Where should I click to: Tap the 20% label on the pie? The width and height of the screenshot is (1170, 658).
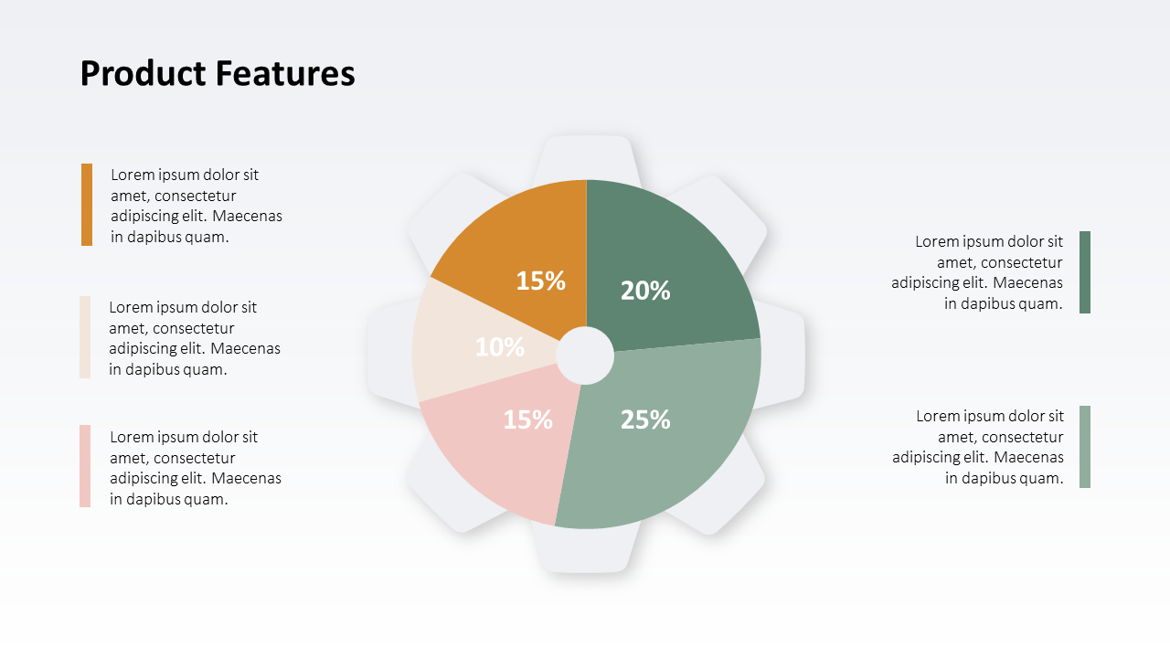coord(645,291)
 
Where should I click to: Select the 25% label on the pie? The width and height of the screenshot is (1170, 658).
coord(645,419)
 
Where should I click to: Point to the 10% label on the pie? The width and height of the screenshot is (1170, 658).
coord(500,347)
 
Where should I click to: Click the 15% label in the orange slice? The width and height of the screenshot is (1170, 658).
coord(540,281)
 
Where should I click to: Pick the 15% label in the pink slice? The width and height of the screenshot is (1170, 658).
coord(528,419)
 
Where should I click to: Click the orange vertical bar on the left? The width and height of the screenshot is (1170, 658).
coord(87,205)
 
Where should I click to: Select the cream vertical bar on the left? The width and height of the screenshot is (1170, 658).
coord(85,337)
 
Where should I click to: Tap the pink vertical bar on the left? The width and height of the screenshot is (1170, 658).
coord(85,466)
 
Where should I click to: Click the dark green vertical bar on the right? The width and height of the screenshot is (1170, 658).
coord(1085,272)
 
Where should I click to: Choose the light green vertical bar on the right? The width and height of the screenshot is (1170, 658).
coord(1085,447)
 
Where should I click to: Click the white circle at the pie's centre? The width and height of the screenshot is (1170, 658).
coord(585,356)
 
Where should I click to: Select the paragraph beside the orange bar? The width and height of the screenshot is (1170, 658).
coord(196,206)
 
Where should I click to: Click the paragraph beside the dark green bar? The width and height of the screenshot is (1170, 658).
coord(978,272)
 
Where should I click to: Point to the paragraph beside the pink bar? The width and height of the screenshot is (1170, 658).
coord(195,468)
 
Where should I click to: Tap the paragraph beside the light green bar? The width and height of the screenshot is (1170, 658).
coord(979,447)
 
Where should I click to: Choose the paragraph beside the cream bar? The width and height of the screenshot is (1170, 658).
coord(194,338)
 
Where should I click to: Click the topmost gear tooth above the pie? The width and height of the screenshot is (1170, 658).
coord(585,155)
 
